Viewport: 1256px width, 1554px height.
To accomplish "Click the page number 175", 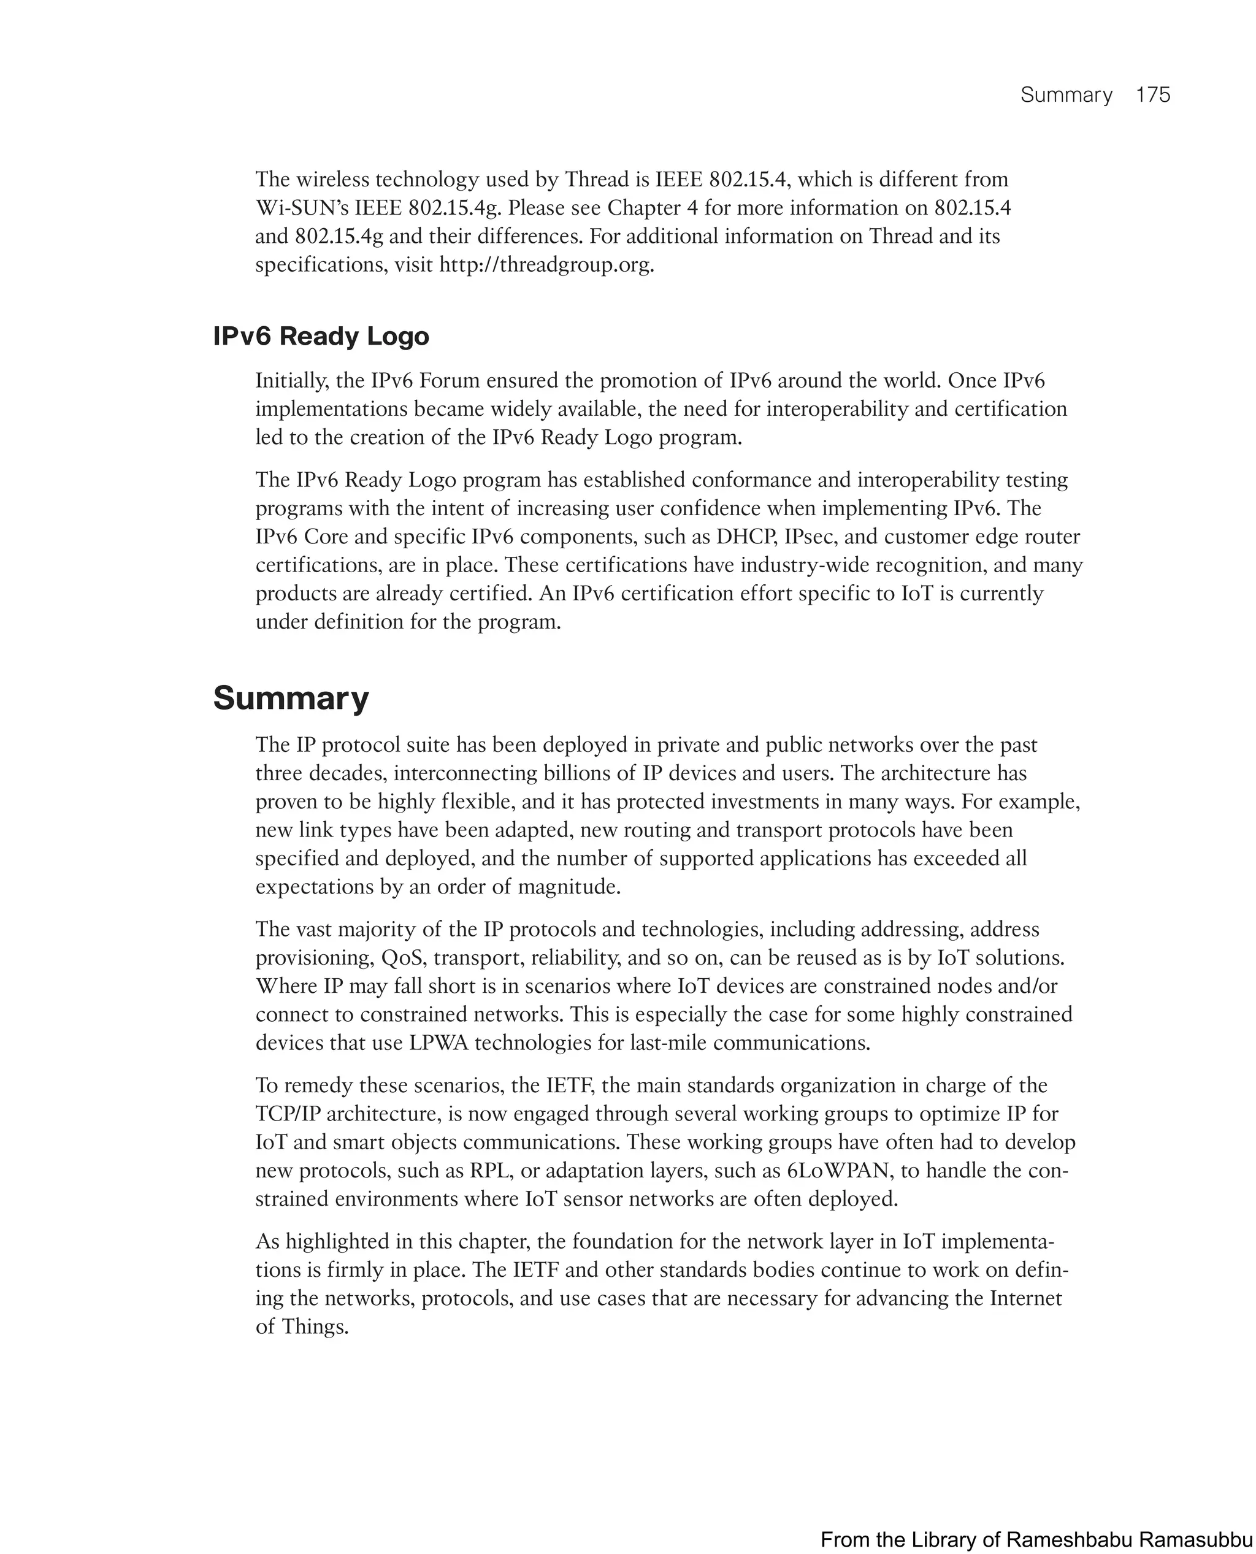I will click(x=1152, y=95).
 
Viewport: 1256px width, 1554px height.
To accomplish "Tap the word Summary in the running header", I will click(x=1066, y=95).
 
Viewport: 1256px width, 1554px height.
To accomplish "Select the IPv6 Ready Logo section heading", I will click(x=321, y=337).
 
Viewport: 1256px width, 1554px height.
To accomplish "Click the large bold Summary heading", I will click(x=291, y=698).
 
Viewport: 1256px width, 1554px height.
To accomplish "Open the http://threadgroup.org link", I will click(x=546, y=265).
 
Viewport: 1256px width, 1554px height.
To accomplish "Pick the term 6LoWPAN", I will click(x=848, y=1171).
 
